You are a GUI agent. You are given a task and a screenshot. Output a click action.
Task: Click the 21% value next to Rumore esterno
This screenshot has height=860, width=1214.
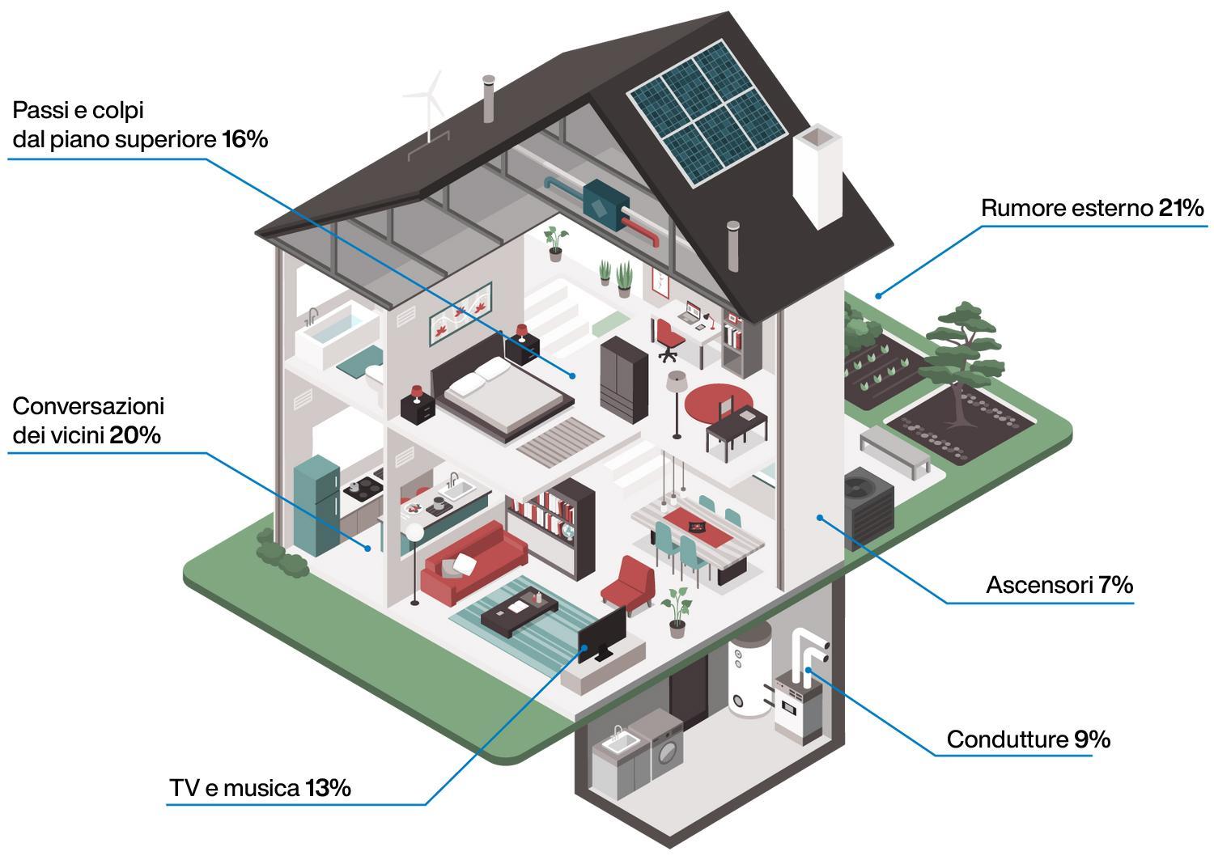(1181, 209)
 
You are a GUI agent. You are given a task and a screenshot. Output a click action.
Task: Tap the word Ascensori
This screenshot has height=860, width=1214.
(1039, 585)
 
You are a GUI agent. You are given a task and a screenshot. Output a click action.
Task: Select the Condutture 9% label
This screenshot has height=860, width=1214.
(1028, 739)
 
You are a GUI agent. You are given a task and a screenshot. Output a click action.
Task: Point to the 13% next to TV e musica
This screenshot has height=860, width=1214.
(328, 787)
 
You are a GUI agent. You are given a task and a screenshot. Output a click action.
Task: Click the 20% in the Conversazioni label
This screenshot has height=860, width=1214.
(135, 435)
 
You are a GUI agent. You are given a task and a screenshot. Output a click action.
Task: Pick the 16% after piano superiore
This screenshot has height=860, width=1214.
(244, 139)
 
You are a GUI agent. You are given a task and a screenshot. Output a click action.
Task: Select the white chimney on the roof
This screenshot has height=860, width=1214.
(817, 174)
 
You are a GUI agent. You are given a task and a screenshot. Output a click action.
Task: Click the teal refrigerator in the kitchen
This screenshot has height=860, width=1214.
(316, 503)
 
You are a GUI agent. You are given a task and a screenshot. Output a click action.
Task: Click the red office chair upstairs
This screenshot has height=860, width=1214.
(667, 338)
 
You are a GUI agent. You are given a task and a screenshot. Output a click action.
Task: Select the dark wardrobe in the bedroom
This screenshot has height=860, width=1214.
(623, 379)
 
